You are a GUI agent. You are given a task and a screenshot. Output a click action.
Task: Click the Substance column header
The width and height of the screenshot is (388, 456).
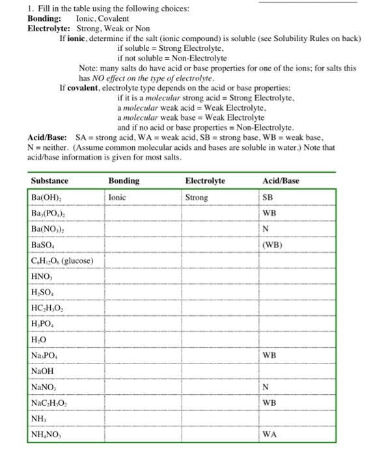tap(49, 180)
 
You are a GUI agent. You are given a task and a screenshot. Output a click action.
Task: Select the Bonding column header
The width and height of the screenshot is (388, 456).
tap(123, 180)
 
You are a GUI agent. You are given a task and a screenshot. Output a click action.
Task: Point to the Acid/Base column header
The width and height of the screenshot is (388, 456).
tap(281, 180)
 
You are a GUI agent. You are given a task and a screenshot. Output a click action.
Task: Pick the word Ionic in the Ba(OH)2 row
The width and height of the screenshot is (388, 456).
tap(117, 197)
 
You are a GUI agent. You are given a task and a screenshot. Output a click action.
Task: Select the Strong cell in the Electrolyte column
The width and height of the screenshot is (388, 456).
tap(197, 197)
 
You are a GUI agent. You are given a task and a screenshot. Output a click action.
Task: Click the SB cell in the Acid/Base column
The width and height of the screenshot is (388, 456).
tap(268, 197)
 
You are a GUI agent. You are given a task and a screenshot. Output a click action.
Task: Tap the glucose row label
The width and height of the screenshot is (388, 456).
tap(62, 261)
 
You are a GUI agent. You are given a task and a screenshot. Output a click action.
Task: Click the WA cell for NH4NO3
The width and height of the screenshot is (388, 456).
tap(270, 435)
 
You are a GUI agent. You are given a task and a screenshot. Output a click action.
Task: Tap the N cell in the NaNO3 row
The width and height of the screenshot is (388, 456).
tap(265, 387)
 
